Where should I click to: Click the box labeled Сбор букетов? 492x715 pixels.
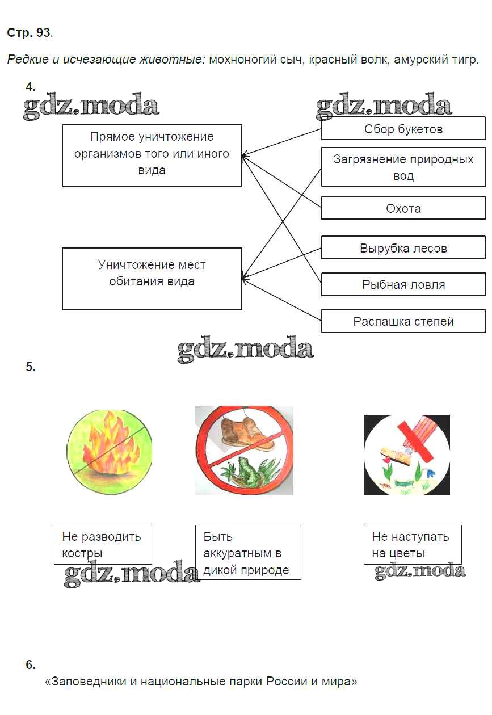tap(403, 129)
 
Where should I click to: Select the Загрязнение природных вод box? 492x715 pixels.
tap(403, 167)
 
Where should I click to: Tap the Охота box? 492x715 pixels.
tap(403, 208)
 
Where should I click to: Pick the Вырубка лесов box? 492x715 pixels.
tap(403, 248)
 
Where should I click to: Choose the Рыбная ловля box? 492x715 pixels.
tap(403, 284)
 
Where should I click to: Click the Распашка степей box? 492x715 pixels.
tap(403, 321)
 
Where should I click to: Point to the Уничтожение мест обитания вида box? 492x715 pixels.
tap(152, 279)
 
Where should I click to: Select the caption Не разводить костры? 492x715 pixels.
tap(103, 545)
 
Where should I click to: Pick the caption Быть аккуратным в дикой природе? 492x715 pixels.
tap(247, 553)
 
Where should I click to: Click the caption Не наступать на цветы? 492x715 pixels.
tap(412, 545)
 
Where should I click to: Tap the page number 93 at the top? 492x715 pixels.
tap(43, 33)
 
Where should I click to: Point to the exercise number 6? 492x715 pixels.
tap(31, 665)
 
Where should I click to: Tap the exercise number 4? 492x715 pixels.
tap(31, 87)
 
